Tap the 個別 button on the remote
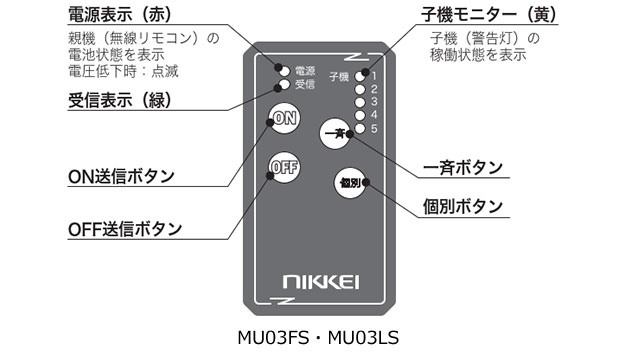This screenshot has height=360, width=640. [349, 183]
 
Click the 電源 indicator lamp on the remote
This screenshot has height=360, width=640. [284, 72]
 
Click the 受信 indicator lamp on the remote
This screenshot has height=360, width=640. [284, 85]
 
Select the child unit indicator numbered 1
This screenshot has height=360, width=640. [360, 75]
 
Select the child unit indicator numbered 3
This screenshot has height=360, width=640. [360, 101]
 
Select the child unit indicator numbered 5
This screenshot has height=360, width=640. [360, 128]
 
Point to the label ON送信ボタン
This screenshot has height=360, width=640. [121, 176]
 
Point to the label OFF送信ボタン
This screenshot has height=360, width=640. [125, 229]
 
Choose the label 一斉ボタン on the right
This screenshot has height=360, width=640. [463, 167]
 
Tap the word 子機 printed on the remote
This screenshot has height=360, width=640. [339, 76]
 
